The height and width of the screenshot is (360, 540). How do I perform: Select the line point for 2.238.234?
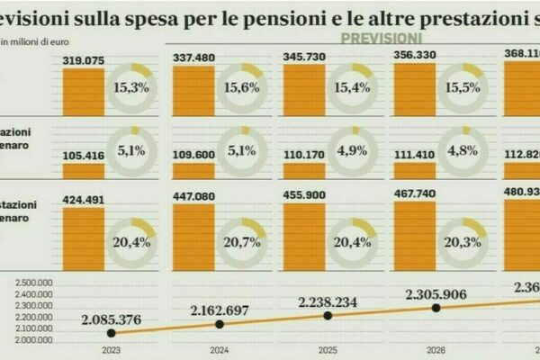click(328, 315)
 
